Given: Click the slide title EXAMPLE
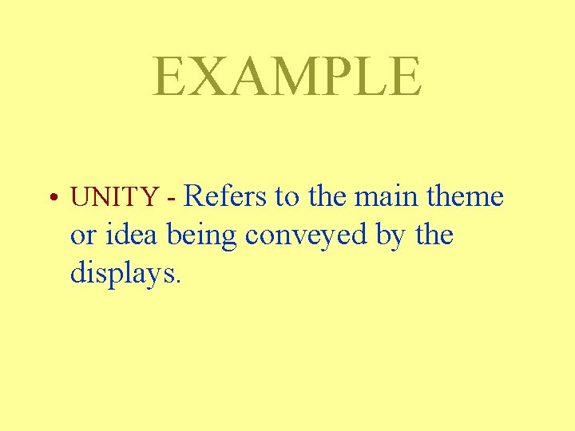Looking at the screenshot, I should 287,77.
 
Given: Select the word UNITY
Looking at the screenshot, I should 115,196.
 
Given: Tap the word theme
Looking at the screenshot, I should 466,196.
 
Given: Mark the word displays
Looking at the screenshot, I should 126,274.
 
